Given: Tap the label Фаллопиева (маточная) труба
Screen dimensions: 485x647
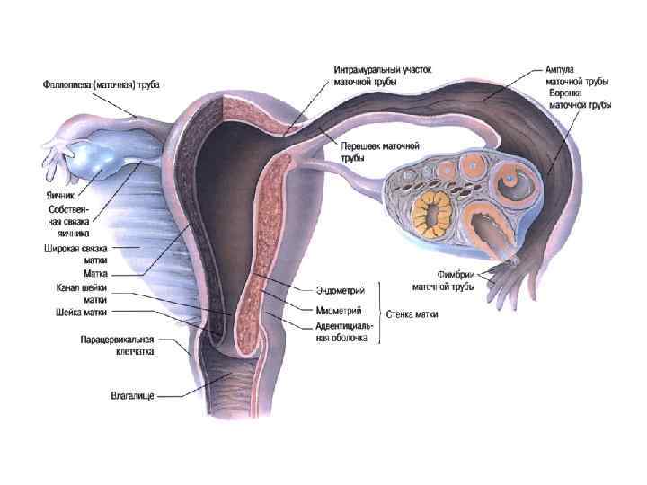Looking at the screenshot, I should [x=102, y=84].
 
